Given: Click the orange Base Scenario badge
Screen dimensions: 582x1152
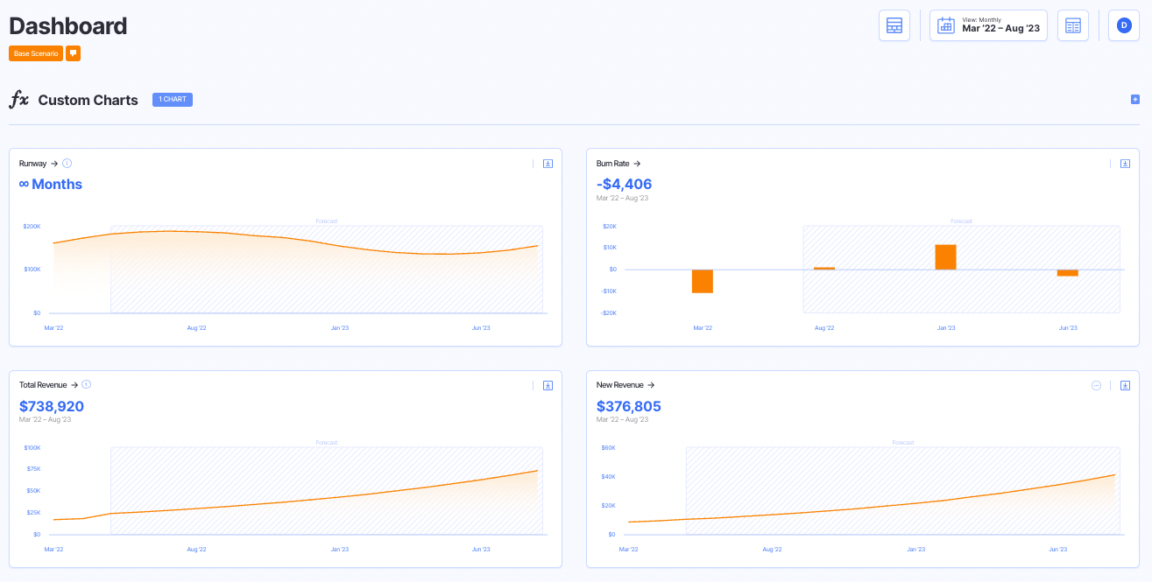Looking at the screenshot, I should (x=36, y=53).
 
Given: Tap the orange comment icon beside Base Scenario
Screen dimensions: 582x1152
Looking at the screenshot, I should (x=74, y=53).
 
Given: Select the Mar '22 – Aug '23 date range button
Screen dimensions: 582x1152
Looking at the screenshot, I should (x=988, y=25).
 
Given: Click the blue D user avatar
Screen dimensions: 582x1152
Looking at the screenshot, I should (x=1124, y=25).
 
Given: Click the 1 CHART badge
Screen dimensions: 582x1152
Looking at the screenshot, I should (x=173, y=100).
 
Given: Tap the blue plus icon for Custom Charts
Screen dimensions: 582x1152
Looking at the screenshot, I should (x=1134, y=100).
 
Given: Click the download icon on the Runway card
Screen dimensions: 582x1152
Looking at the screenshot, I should (x=548, y=164).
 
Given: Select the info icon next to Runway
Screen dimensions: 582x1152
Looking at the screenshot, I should (x=67, y=164).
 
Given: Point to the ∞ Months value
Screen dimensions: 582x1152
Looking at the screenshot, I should (x=51, y=184).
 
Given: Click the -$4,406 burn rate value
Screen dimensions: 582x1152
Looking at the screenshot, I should (x=624, y=184).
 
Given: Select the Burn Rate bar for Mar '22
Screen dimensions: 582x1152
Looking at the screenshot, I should (x=702, y=281).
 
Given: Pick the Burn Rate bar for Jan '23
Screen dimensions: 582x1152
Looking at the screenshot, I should (x=945, y=257).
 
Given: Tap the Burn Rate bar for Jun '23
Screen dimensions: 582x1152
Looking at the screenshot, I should (x=1067, y=272).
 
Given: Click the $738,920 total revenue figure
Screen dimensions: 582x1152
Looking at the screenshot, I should (x=52, y=406).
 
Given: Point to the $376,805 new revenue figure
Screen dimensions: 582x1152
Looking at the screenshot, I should (x=629, y=406).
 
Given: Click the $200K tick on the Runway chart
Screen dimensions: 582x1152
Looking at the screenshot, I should (x=32, y=226).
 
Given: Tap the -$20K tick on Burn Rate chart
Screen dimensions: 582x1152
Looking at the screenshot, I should (x=608, y=312).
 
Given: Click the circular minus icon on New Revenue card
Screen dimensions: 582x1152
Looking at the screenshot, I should (x=1096, y=385).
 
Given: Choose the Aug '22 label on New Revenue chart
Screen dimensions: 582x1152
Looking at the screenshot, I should (x=772, y=550).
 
